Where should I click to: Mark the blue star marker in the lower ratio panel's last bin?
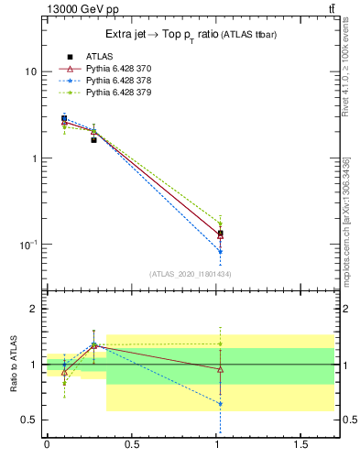(220, 403)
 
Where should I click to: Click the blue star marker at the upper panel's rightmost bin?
(220, 251)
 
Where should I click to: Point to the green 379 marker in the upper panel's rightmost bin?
(220, 224)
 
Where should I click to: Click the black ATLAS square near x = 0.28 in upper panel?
(93, 140)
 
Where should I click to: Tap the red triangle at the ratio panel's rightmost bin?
(220, 369)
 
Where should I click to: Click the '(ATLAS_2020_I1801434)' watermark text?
(190, 274)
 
